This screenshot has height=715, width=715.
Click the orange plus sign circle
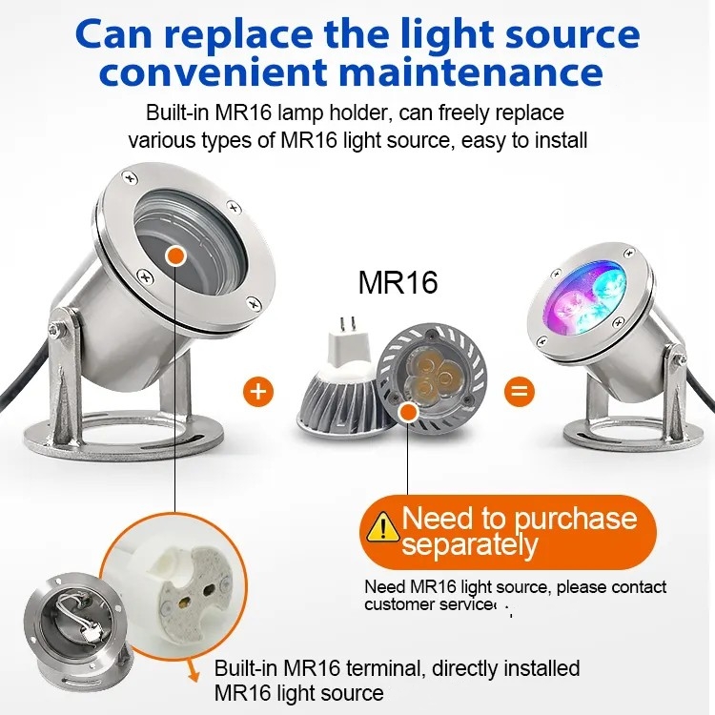click(x=258, y=392)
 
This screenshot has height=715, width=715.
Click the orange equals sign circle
click(x=520, y=392)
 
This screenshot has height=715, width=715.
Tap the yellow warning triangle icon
click(x=383, y=526)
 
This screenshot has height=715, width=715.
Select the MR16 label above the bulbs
click(x=398, y=283)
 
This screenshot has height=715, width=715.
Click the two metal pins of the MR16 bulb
click(x=346, y=324)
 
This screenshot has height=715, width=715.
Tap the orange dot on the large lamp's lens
click(x=175, y=255)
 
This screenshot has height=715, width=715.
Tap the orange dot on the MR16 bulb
click(x=408, y=413)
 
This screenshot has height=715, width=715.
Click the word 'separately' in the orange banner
click(x=470, y=545)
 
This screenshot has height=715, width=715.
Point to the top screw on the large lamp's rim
click(x=131, y=177)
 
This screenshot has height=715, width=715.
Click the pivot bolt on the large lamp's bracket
click(x=55, y=330)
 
